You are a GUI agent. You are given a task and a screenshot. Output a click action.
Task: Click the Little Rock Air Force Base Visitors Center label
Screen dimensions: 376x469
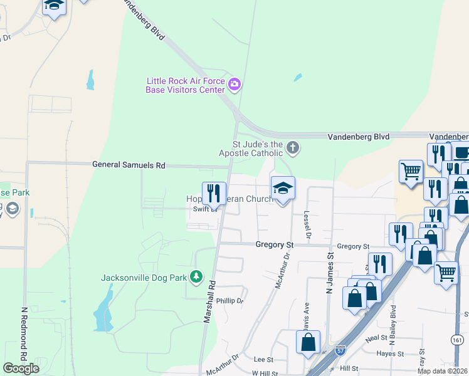185,85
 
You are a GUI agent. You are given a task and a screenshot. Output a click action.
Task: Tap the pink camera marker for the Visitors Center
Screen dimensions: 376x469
234,85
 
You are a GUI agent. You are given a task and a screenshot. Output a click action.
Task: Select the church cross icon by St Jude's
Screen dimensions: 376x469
292,149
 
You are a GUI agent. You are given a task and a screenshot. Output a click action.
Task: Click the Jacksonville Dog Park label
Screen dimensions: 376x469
145,277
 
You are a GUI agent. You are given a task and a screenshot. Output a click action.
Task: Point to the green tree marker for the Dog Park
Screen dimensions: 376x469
197,276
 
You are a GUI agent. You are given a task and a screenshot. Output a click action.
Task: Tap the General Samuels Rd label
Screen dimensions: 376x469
129,165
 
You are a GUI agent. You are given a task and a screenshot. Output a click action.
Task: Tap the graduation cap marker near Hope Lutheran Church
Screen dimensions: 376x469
283,187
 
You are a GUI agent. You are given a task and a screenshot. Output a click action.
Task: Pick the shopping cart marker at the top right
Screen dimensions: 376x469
411,171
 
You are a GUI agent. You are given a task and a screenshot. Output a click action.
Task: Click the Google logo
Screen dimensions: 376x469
21,368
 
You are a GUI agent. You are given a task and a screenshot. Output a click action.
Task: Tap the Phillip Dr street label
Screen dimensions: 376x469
229,301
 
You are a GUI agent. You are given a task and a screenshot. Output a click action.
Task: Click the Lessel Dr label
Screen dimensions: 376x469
308,226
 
